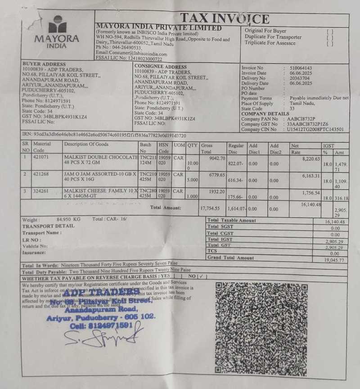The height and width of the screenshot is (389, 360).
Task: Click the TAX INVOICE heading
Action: (x=225, y=18)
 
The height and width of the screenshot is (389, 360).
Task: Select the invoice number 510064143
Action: (x=301, y=68)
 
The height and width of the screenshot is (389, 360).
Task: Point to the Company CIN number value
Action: (x=315, y=129)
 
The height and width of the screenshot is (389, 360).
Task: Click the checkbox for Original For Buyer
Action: (x=330, y=32)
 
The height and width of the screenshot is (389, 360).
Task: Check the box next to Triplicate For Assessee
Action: (x=330, y=44)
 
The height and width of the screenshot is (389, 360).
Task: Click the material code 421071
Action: (x=42, y=157)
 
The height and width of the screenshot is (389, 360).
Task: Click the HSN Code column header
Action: (x=163, y=147)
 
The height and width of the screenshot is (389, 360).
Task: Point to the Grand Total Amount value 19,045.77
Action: (x=334, y=260)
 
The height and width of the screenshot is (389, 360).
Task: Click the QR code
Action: (x=261, y=328)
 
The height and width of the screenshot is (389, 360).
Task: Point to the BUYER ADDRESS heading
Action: (x=44, y=64)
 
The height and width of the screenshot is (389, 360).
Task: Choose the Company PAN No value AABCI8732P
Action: (x=304, y=119)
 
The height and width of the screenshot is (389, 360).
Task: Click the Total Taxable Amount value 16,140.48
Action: (x=334, y=222)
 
